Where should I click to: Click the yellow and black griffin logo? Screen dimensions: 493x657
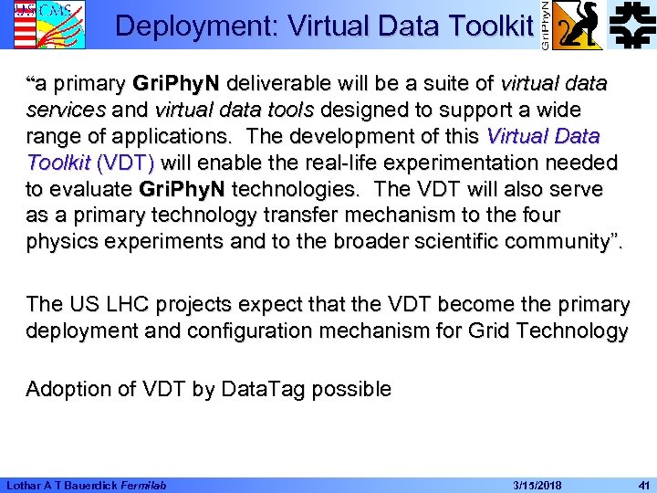point(579,25)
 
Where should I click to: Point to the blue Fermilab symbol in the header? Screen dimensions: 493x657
point(632,25)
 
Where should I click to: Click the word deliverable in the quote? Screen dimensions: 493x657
point(280,84)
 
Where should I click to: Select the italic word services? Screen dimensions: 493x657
point(64,110)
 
